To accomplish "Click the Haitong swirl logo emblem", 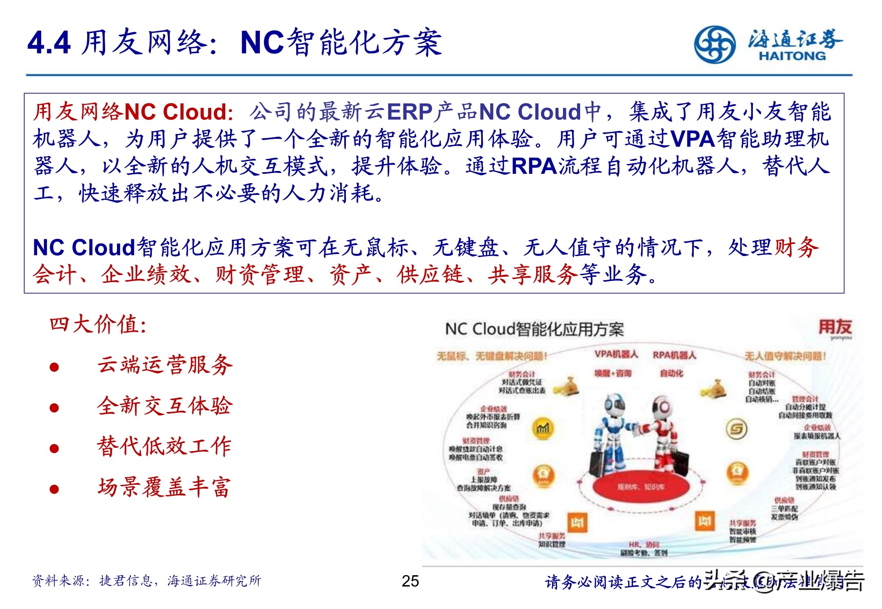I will [715, 44].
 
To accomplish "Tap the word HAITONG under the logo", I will [792, 56].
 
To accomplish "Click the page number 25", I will [410, 581].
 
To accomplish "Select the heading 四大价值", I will [98, 325].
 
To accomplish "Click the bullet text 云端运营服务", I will [165, 365].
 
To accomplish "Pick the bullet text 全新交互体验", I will [165, 406].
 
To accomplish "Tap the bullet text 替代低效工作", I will [165, 446].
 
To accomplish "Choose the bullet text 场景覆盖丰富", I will [165, 487].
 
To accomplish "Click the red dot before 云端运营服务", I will [54, 367].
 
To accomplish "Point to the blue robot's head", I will [614, 405].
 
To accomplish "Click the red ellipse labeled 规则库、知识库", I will [641, 487].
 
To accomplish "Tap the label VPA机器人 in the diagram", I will [616, 355].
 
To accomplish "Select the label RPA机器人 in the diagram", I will [674, 355].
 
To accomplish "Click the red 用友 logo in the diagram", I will [835, 327].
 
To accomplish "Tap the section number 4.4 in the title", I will [49, 43].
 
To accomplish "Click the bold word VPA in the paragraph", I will [693, 139].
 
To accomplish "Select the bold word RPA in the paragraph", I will [534, 166].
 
